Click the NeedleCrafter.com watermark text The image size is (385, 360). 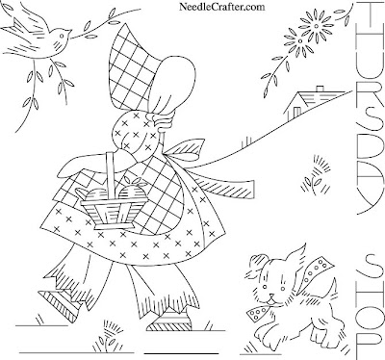pos(222,7)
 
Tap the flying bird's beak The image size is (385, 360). pos(69,31)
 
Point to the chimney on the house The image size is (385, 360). pos(320,89)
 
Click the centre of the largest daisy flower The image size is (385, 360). pos(317,26)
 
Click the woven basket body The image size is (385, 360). pos(113,212)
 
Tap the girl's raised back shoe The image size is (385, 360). pos(59,304)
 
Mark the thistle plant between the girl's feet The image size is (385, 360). pos(109,336)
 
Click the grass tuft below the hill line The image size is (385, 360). pos(316,175)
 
